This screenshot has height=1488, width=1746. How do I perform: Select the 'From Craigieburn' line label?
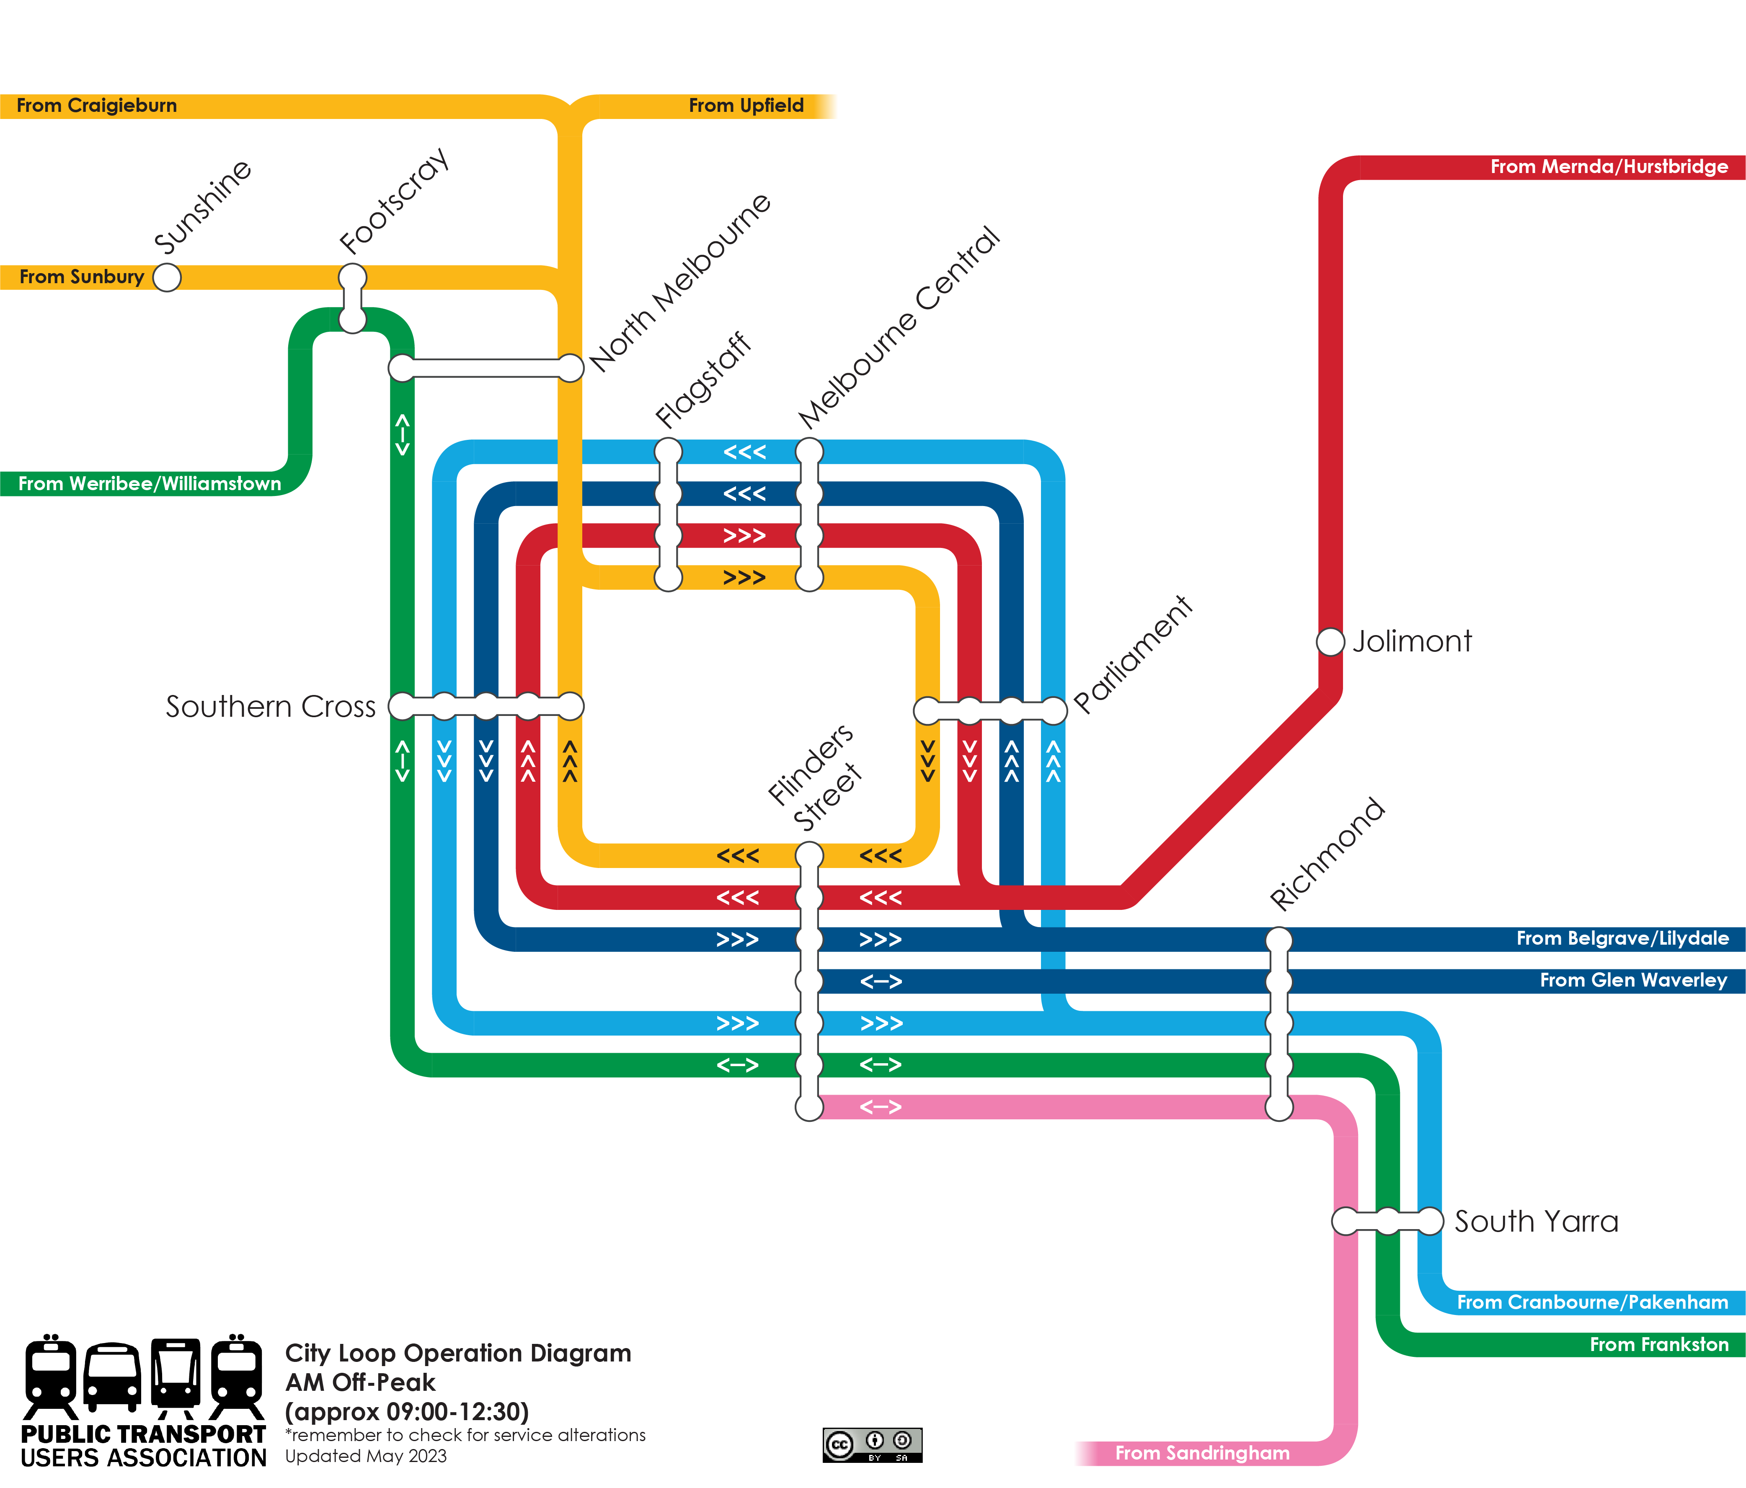(x=97, y=105)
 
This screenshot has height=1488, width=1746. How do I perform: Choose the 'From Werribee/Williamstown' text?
(x=150, y=484)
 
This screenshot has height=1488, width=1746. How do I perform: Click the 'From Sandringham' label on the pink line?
(x=1203, y=1453)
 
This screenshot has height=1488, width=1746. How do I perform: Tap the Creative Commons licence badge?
(x=872, y=1445)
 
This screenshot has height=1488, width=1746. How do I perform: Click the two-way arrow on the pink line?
(x=881, y=1107)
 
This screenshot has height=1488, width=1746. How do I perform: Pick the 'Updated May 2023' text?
(x=366, y=1456)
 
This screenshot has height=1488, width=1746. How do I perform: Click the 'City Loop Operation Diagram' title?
(x=457, y=1353)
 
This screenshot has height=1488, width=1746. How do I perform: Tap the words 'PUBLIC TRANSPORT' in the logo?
(x=143, y=1434)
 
